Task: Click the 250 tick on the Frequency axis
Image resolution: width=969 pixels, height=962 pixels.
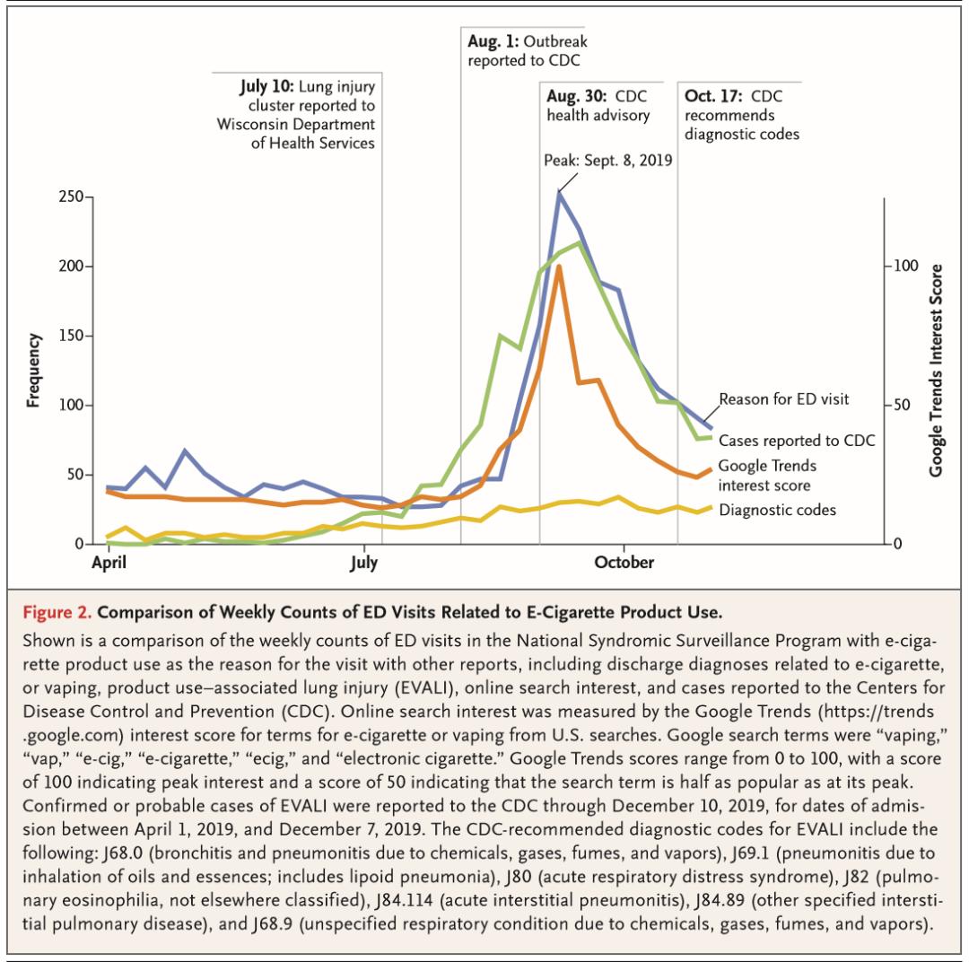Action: pos(69,197)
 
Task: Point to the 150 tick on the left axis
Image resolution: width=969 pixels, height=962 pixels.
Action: pos(69,337)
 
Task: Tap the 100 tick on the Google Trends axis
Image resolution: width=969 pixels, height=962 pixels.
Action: pos(901,267)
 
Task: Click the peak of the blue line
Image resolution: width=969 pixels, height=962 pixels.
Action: pos(559,192)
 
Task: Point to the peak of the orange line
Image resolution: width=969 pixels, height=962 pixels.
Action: pos(559,267)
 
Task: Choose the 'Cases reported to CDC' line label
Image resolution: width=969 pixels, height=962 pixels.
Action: pos(797,441)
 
